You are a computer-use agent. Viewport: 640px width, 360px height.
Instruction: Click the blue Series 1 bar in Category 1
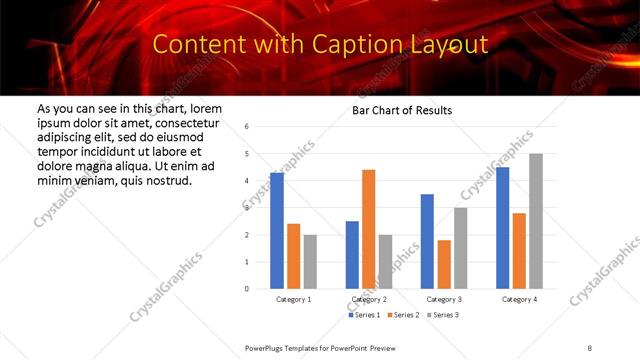(x=277, y=231)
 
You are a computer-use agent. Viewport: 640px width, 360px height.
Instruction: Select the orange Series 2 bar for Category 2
(x=368, y=229)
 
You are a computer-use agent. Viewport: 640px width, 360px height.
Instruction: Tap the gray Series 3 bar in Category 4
(x=536, y=221)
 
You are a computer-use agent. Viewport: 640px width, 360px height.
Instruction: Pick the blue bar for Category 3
(x=427, y=241)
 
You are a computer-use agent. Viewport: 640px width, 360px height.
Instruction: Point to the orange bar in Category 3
(x=444, y=264)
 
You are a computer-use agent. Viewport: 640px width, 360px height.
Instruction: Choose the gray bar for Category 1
(x=310, y=262)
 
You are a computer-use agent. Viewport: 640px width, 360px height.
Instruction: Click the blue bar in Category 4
(x=502, y=228)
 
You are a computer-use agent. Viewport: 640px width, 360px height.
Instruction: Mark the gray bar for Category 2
(x=385, y=262)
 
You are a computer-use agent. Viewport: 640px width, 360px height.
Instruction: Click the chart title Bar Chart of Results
(x=402, y=110)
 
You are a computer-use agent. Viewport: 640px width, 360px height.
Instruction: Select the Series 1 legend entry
(x=363, y=315)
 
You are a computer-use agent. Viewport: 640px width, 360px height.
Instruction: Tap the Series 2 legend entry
(x=402, y=315)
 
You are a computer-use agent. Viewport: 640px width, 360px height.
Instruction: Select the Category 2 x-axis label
(x=369, y=299)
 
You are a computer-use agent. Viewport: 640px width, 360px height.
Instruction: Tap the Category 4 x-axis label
(x=519, y=299)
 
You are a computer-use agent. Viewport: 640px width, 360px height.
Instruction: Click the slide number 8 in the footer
(x=590, y=345)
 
